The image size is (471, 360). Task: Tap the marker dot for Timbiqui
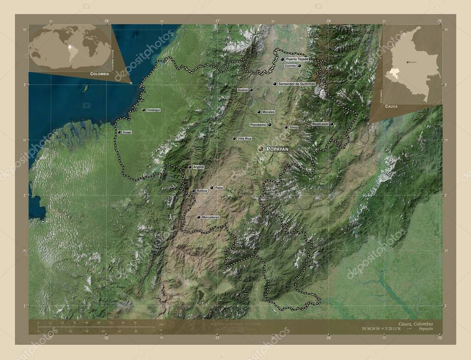144,110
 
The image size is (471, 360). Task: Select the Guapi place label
127,132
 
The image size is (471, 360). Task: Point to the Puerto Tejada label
297,59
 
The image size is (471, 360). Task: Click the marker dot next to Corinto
299,66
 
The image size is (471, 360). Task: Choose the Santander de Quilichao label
297,84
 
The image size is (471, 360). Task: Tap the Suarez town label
243,90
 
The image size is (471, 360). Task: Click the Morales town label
269,112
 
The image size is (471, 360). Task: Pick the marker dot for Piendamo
270,125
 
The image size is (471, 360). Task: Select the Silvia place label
293,127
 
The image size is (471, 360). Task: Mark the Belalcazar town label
320,124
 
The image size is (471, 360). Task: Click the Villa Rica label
245,138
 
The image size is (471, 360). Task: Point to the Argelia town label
199,167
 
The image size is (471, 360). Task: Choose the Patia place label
219,188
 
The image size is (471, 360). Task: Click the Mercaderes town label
211,217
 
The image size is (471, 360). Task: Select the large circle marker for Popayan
261,149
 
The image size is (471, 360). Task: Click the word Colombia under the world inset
100,74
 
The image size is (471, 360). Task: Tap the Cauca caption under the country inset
391,106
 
